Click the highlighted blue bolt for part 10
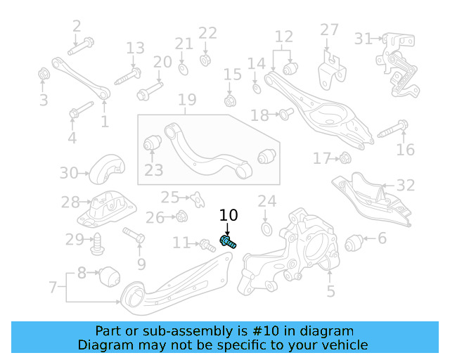228,243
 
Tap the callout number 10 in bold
229,216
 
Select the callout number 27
330,30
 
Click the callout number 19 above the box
186,101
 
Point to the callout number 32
406,186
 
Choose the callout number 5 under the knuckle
330,291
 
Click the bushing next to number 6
356,243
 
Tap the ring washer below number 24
266,230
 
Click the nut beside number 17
345,157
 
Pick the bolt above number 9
134,234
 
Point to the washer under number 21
183,69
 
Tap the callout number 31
363,38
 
